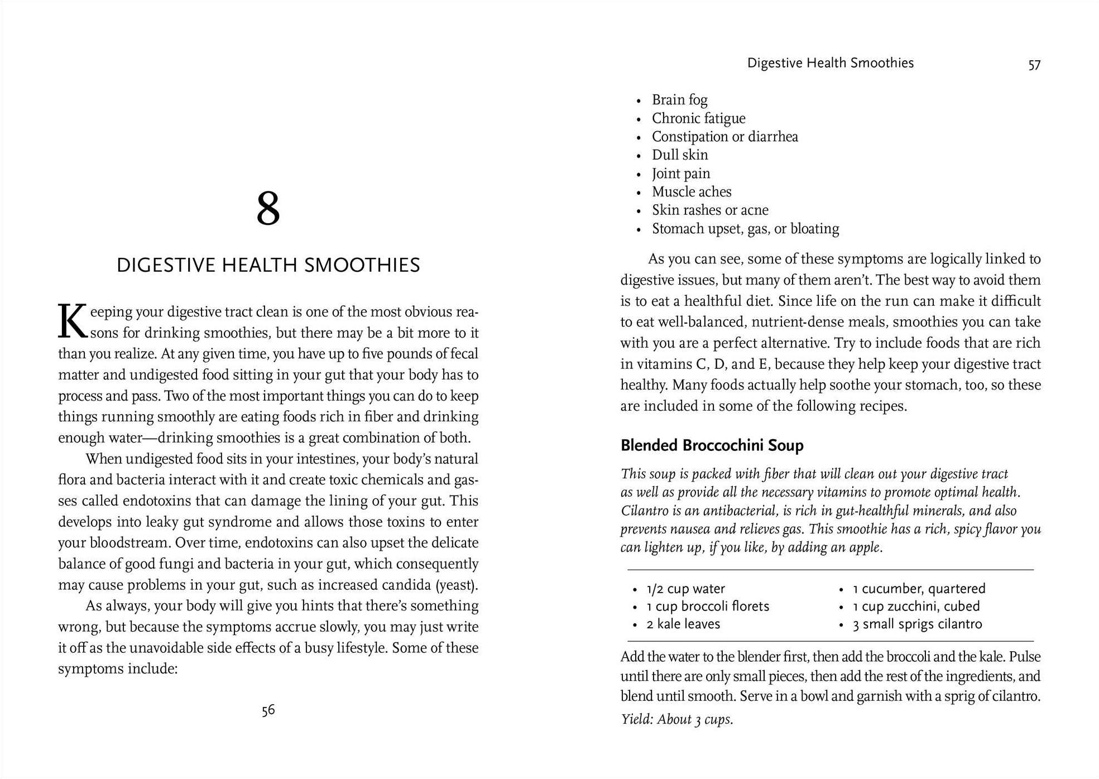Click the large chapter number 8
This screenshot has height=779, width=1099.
[268, 209]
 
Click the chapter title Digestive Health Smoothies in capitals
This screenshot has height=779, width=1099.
[268, 265]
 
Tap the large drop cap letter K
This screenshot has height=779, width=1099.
[73, 322]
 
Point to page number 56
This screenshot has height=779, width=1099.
[268, 710]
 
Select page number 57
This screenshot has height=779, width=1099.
[1034, 65]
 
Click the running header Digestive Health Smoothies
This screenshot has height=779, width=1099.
[830, 63]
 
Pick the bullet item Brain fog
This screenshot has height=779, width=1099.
[679, 100]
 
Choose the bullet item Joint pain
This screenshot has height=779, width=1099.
[681, 174]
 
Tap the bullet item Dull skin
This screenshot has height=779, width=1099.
[680, 155]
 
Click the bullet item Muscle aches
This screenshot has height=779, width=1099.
[692, 192]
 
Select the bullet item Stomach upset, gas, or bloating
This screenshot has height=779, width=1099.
[745, 229]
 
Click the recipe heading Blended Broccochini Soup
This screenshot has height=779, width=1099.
[712, 445]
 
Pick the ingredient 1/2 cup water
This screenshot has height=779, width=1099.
[685, 589]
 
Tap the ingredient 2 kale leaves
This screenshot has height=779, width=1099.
[683, 624]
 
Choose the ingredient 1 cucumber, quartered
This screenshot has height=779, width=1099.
[919, 589]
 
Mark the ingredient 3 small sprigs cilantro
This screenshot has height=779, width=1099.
[917, 624]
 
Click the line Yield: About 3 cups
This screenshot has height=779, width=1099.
[676, 719]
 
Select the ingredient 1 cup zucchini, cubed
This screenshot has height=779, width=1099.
[916, 606]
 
